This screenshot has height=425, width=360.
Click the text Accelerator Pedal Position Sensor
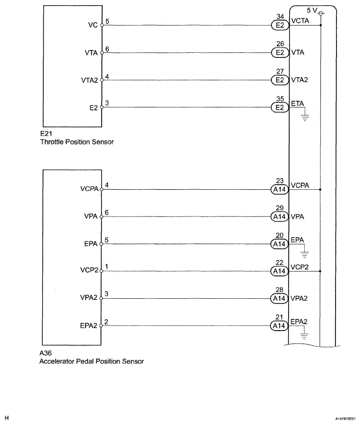(91, 361)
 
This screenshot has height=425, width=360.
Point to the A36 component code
(45, 353)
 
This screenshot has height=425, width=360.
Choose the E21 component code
(45, 133)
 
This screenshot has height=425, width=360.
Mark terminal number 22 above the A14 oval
(280, 263)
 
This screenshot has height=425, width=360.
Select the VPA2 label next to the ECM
(300, 299)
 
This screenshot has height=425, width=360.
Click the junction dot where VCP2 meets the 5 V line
(321, 271)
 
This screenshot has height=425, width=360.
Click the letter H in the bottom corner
(7, 418)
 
